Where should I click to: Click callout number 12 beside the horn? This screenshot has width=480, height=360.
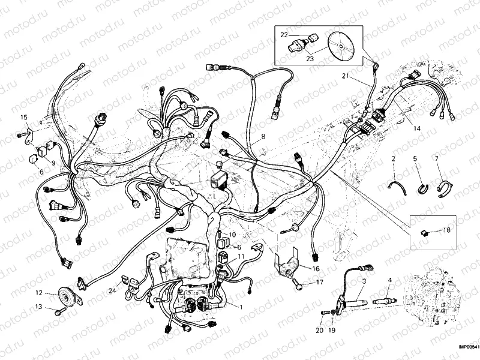[x=38, y=293]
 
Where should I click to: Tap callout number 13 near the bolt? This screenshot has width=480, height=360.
[x=38, y=307]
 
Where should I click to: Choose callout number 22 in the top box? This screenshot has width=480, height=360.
[x=285, y=35]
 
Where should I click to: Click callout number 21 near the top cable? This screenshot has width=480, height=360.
[x=345, y=75]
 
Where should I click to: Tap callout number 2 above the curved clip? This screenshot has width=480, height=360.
[x=393, y=159]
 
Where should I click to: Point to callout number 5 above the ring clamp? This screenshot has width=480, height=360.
[x=414, y=159]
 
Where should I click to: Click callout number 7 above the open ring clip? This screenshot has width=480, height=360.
[x=436, y=159]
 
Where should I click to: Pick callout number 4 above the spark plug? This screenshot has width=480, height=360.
[x=389, y=280]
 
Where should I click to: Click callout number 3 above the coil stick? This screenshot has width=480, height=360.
[x=364, y=281]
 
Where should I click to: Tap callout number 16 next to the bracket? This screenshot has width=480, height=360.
[x=316, y=268]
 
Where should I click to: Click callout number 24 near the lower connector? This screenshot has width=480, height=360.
[x=112, y=292]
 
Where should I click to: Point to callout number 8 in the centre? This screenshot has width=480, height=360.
[x=262, y=137]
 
